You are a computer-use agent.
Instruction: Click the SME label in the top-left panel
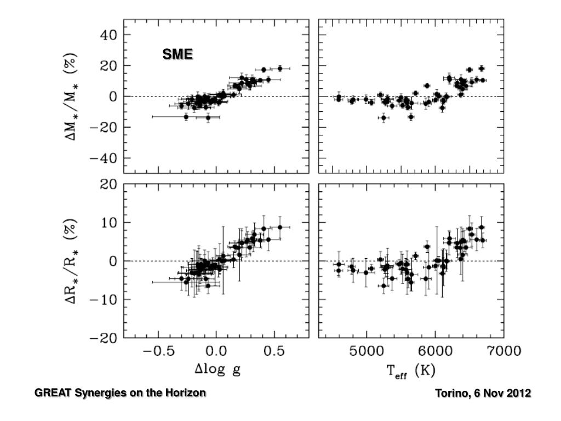pos(177,54)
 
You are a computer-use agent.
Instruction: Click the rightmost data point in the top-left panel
pos(280,69)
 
